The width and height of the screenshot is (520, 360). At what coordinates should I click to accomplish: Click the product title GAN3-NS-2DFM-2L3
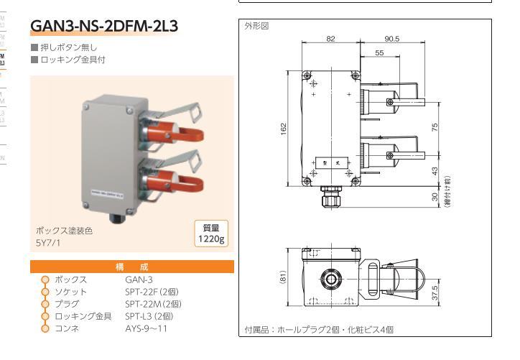pos(104,27)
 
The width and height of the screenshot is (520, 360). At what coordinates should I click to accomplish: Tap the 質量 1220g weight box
pos(210,233)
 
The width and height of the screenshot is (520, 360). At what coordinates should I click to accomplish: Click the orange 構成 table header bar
pos(132,267)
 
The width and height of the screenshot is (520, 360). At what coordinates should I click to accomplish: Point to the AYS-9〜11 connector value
pos(146,328)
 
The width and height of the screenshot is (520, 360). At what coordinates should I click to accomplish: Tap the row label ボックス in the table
pos(71,279)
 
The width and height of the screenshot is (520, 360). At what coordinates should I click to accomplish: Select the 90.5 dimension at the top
pos(392,39)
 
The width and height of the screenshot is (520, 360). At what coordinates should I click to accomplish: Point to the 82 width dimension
pos(331,39)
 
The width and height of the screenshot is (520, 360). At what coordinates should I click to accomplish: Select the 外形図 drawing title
pos(256,26)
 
